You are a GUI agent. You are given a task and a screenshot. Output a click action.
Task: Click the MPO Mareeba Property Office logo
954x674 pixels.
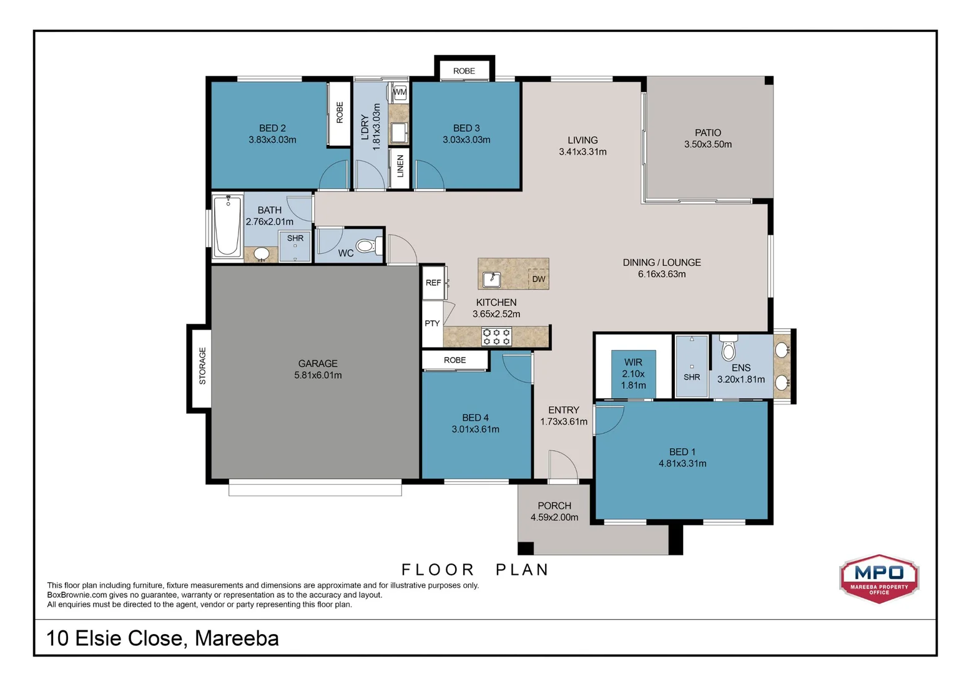pyautogui.click(x=879, y=579)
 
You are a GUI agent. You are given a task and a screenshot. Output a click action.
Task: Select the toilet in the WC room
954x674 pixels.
pyautogui.click(x=369, y=246)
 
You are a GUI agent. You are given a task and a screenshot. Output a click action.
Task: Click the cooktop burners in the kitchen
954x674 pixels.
pyautogui.click(x=496, y=336)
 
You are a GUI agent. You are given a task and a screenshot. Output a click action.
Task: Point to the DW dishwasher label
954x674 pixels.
pyautogui.click(x=539, y=279)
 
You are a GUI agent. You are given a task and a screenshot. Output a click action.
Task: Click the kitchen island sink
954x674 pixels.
pyautogui.click(x=491, y=280)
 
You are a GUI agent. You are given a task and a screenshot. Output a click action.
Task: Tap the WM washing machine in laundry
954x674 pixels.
pyautogui.click(x=400, y=92)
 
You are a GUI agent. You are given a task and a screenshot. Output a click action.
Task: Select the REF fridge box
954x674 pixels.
pyautogui.click(x=433, y=282)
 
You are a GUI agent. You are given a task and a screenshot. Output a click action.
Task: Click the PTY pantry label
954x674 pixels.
pyautogui.click(x=432, y=323)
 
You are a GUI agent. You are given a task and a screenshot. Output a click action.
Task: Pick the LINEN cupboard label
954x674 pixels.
pyautogui.click(x=400, y=166)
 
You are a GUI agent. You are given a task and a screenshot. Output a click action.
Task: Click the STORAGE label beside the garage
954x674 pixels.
pyautogui.click(x=202, y=366)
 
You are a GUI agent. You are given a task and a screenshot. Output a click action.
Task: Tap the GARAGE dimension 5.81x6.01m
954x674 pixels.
pyautogui.click(x=318, y=375)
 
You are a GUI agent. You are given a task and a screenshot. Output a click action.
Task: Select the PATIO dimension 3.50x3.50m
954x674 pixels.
pyautogui.click(x=708, y=144)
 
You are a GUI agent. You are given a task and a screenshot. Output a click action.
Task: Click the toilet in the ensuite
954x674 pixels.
pyautogui.click(x=729, y=348)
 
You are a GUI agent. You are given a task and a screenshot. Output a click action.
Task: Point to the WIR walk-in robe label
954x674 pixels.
pyautogui.click(x=633, y=363)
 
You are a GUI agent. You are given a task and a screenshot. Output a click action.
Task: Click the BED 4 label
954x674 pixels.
pyautogui.click(x=475, y=418)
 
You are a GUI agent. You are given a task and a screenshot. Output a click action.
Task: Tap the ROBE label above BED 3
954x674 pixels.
pyautogui.click(x=464, y=71)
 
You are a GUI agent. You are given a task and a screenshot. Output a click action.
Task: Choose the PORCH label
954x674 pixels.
pyautogui.click(x=554, y=506)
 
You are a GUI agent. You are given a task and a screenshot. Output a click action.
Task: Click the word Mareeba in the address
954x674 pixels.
pyautogui.click(x=237, y=638)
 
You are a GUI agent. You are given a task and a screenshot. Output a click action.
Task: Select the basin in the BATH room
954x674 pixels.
pyautogui.click(x=261, y=254)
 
